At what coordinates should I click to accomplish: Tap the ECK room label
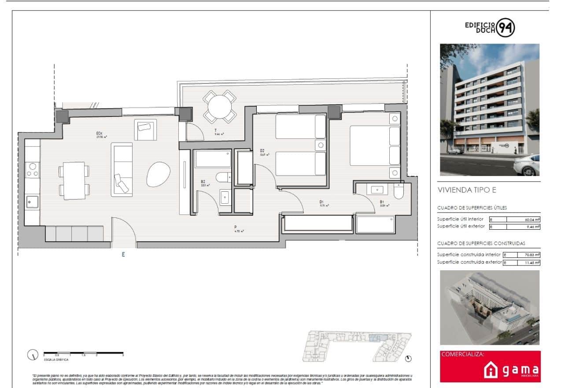(x=100, y=134)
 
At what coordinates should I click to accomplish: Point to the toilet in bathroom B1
(x=399, y=191)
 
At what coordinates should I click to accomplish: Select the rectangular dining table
(x=74, y=180)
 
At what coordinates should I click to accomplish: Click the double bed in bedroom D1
(x=374, y=145)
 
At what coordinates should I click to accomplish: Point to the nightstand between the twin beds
(x=320, y=145)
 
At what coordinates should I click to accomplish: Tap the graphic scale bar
(x=83, y=353)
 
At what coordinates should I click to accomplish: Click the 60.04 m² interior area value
(x=523, y=219)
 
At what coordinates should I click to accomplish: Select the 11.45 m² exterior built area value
(x=523, y=262)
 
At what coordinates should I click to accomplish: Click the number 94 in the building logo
(x=506, y=28)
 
